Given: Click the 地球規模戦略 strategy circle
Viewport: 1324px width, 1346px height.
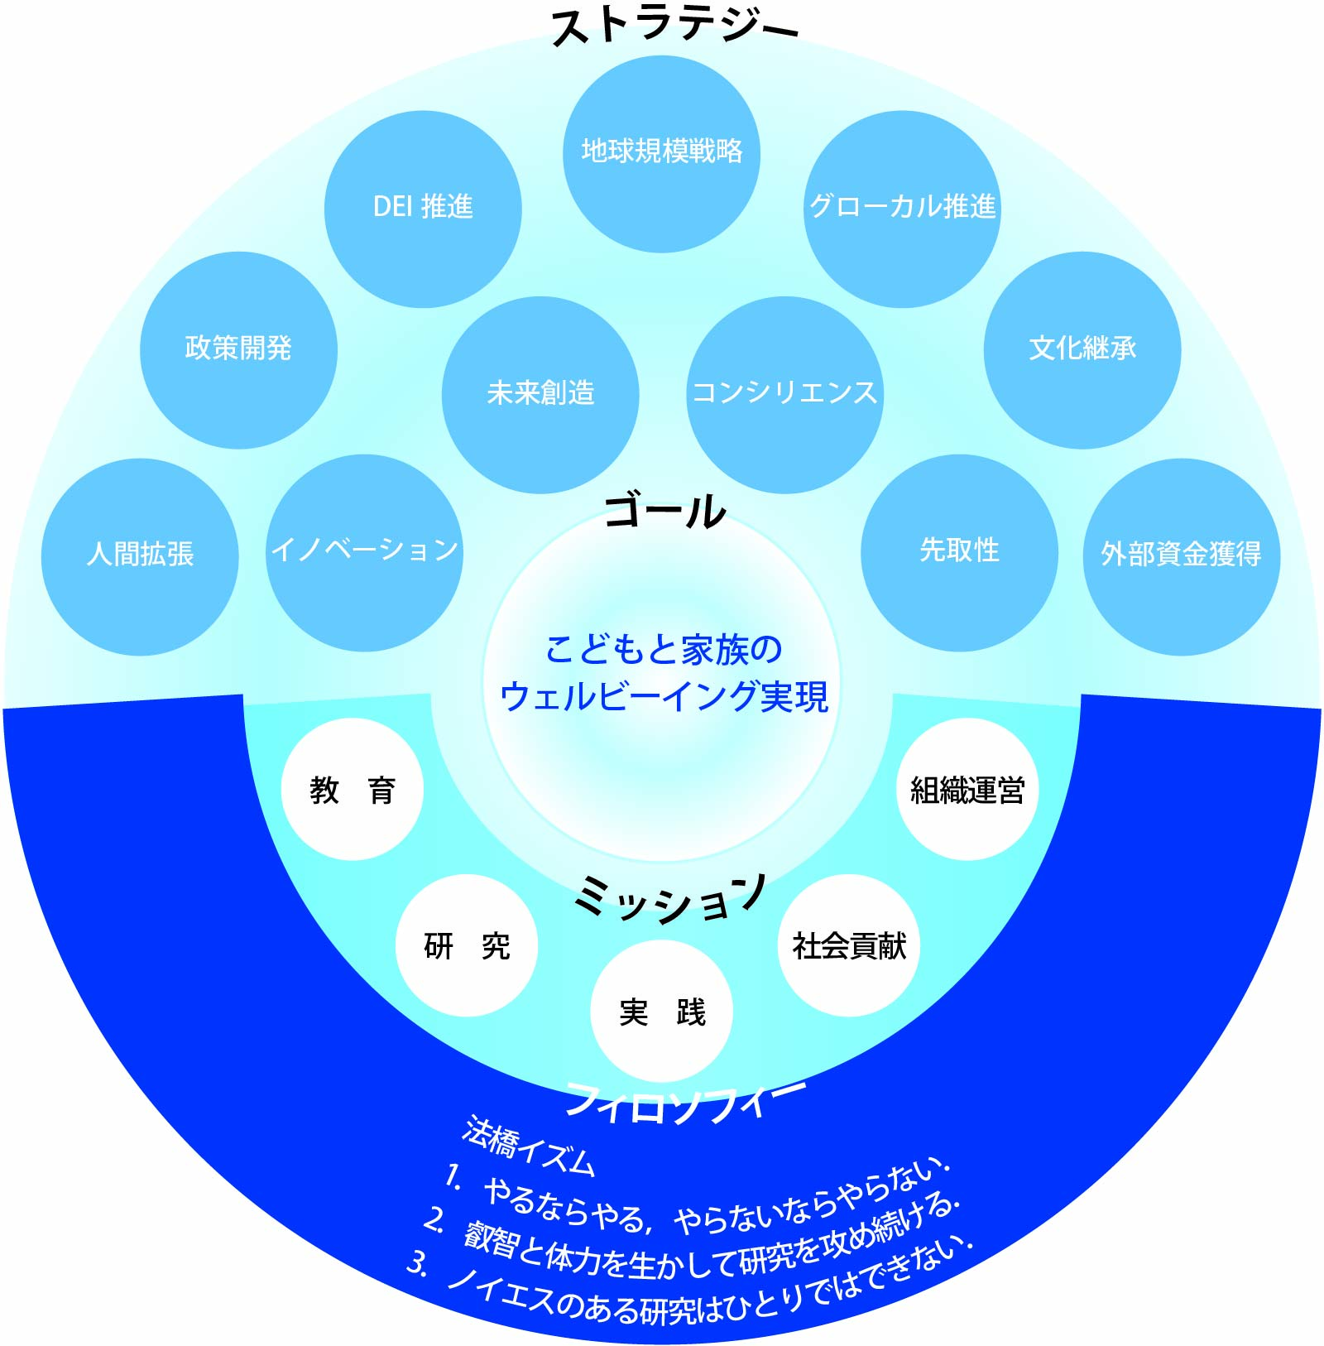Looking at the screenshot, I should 661,154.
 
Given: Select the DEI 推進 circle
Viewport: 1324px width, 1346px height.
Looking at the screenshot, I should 423,209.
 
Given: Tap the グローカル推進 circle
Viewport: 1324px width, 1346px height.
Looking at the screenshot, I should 902,209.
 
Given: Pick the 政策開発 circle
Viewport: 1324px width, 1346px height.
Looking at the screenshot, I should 238,349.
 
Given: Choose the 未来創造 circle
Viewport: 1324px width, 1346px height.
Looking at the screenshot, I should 540,394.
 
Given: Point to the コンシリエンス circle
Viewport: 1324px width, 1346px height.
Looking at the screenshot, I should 784,394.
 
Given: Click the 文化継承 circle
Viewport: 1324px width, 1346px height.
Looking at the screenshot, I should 1082,349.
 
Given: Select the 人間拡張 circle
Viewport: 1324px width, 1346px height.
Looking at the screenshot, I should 140,556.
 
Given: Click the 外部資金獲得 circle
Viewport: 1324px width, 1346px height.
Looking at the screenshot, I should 1181,556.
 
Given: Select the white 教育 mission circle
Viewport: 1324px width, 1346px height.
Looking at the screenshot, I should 353,789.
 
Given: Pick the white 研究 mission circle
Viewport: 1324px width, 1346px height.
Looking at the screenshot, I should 467,945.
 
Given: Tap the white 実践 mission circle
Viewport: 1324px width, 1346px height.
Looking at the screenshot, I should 661,1011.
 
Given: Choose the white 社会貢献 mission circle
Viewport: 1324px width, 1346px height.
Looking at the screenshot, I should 849,945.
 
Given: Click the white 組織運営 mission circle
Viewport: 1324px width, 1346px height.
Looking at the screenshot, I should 967,789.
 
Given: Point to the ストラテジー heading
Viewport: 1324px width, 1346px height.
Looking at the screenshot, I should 674,26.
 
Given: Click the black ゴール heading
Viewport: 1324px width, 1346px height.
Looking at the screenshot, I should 664,511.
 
